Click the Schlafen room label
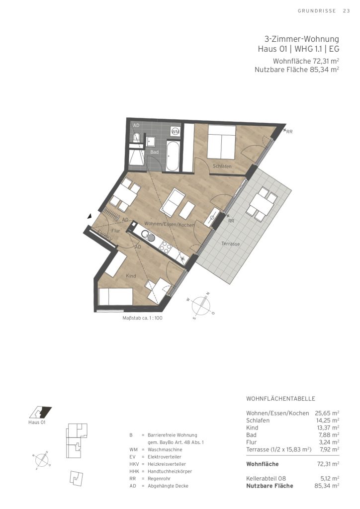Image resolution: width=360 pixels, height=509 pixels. [x=222, y=166]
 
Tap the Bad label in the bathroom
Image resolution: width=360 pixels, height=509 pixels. [x=154, y=152]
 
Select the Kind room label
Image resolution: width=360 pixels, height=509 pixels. [x=131, y=276]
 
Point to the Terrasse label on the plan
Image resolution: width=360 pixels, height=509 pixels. [x=231, y=244]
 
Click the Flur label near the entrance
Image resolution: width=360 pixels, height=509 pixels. [x=115, y=231]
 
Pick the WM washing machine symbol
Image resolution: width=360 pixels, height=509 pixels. [x=176, y=131]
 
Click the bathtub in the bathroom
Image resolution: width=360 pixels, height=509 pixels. [x=172, y=156]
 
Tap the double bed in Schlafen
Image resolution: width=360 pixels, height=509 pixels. [x=222, y=142]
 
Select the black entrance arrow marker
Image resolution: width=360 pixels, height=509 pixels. [x=90, y=216]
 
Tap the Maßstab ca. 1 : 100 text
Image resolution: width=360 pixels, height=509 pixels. [x=143, y=318]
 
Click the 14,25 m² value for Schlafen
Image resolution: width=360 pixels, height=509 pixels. [x=327, y=421]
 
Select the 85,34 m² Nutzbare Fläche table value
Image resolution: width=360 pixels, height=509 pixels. [x=327, y=486]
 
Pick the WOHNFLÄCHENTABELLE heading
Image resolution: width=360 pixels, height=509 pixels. [x=280, y=399]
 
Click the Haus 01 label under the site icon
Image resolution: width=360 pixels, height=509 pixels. [x=37, y=423]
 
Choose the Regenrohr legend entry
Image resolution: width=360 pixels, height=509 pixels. [x=159, y=479]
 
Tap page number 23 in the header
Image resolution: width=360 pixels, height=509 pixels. [x=347, y=11]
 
